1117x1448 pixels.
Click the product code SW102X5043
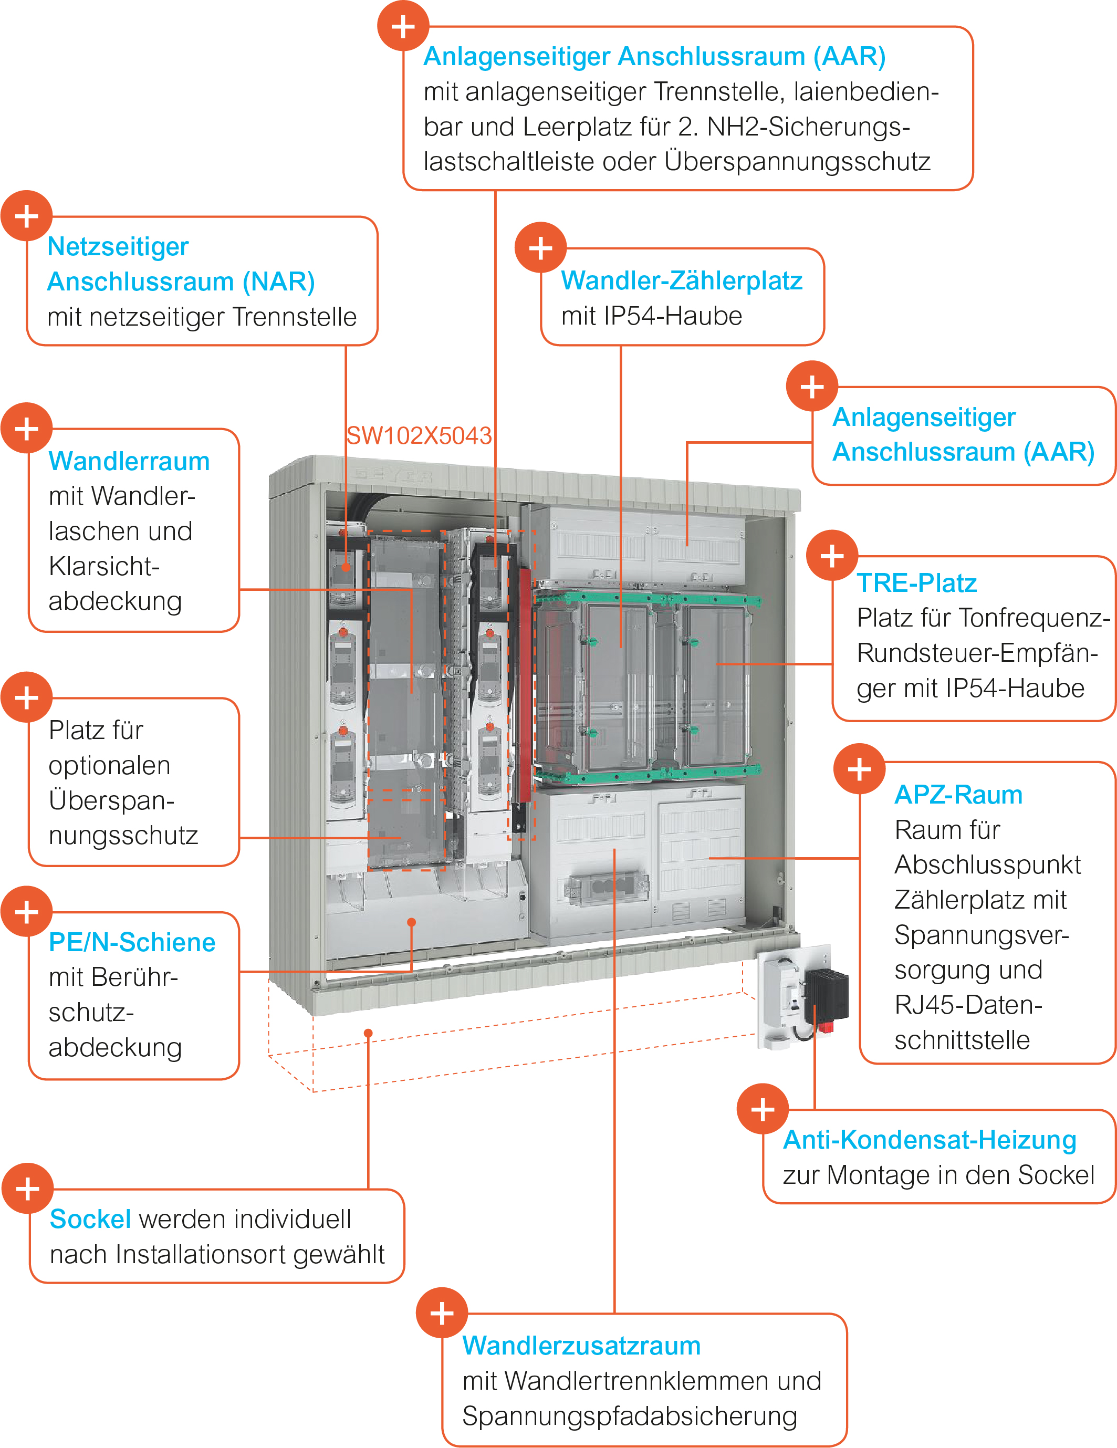click(x=419, y=435)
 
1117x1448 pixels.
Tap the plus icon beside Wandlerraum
click(x=26, y=428)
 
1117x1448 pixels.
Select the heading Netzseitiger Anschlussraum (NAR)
click(x=180, y=264)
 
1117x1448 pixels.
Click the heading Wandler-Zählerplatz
click(x=682, y=280)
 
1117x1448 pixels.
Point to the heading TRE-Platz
click(x=916, y=583)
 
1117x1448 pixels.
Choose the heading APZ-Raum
click(x=958, y=794)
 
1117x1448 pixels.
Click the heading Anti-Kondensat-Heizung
click(x=930, y=1140)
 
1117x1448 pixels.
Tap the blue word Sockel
click(x=90, y=1219)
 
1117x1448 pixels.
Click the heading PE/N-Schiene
click(x=132, y=942)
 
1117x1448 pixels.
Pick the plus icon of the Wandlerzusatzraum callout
click(x=442, y=1314)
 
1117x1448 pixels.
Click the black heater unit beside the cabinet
click(x=827, y=994)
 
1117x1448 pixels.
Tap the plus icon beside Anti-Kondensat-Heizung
click(x=763, y=1109)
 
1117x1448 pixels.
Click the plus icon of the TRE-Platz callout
click(x=832, y=556)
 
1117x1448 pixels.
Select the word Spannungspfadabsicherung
click(x=630, y=1416)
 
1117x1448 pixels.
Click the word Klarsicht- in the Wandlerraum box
click(x=104, y=567)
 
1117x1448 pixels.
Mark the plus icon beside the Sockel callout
click(x=27, y=1189)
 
